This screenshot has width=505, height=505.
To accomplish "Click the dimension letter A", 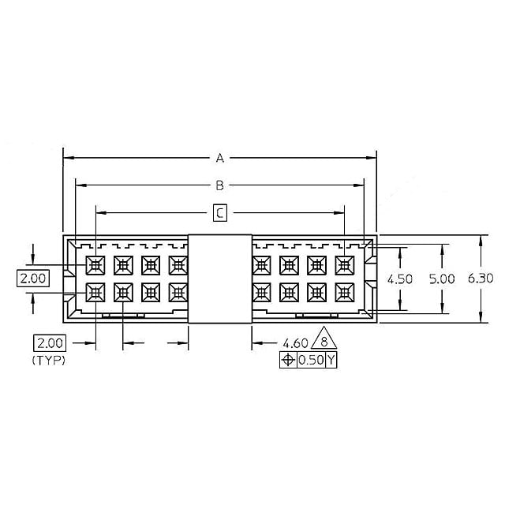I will tap(220, 159).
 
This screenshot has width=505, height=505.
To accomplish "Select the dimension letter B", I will tap(220, 185).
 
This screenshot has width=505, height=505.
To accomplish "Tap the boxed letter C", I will tap(220, 212).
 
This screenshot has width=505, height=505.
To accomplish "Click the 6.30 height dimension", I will tap(481, 279).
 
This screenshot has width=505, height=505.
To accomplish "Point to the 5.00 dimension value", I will tap(442, 279).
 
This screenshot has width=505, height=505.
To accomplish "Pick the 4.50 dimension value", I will tap(400, 279).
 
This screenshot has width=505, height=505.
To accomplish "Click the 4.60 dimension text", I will tap(295, 343).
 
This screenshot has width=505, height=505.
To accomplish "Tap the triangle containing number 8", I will tap(322, 341).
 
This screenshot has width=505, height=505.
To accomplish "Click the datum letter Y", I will tap(331, 360).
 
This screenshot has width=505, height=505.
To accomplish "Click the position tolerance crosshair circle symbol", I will tap(288, 360).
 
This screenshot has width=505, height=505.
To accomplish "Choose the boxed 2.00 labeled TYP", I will tap(48, 343).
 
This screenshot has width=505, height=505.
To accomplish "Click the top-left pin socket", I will tap(95, 264).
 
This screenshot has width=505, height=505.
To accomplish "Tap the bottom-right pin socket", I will tap(345, 292).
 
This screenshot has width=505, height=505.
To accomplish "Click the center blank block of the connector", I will tap(219, 279).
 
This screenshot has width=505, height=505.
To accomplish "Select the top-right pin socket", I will tap(345, 264).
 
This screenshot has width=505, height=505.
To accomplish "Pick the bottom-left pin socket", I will tap(95, 292).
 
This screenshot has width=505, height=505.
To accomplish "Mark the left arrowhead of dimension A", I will tap(67, 159).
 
